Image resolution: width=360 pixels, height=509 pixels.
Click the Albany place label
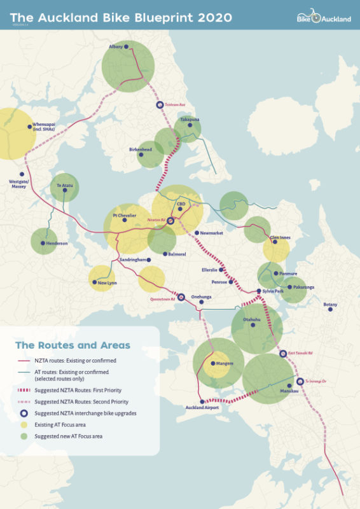pyautogui.click(x=116, y=47)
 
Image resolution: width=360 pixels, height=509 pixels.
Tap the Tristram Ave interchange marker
pyautogui.click(x=160, y=106)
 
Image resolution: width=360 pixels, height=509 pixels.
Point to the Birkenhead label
pyautogui.click(x=141, y=150)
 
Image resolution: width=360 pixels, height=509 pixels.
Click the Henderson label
pyautogui.click(x=55, y=243)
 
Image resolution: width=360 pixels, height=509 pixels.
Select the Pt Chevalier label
pyautogui.click(x=125, y=216)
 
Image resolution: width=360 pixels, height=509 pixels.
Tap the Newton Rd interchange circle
pyautogui.click(x=170, y=220)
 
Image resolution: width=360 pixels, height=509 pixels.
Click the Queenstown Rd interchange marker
pyautogui.click(x=181, y=297)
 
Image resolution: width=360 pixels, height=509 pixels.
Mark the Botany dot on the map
pyautogui.click(x=330, y=309)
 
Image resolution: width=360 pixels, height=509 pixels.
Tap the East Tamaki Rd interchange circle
pyautogui.click(x=283, y=354)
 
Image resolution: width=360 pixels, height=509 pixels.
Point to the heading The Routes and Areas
pyautogui.click(x=73, y=345)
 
